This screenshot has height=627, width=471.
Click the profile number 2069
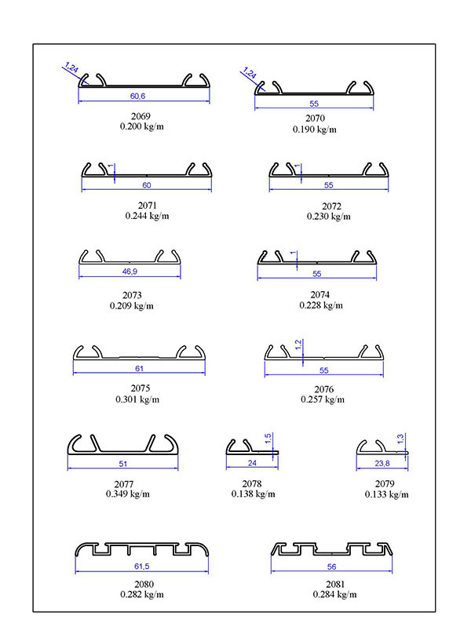point(141,116)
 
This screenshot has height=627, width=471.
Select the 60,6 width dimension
point(137,96)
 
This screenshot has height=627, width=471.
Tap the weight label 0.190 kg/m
point(315,129)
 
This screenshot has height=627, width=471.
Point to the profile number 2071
point(148,206)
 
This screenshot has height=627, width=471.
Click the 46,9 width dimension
point(130,272)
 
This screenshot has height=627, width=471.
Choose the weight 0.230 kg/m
point(329,217)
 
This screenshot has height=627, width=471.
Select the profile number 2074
point(320,295)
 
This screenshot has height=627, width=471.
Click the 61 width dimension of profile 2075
point(139,368)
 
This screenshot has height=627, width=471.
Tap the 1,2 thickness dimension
point(298,344)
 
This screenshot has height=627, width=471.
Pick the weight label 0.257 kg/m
point(323,399)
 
